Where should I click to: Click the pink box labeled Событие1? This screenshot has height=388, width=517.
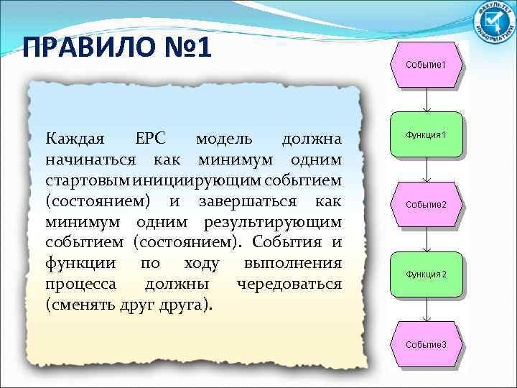click(x=426, y=65)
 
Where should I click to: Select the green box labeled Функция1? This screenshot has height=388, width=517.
click(x=426, y=134)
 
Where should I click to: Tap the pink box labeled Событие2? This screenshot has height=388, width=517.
click(x=426, y=204)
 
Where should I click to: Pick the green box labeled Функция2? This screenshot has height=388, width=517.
click(x=426, y=274)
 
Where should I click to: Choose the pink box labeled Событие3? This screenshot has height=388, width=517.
click(x=426, y=344)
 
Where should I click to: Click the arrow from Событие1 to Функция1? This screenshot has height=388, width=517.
click(x=427, y=99)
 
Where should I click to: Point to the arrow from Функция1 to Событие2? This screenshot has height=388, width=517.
click(x=427, y=170)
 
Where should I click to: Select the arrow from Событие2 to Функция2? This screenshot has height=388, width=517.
click(x=427, y=239)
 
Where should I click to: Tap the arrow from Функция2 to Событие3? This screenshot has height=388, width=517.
click(x=427, y=309)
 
